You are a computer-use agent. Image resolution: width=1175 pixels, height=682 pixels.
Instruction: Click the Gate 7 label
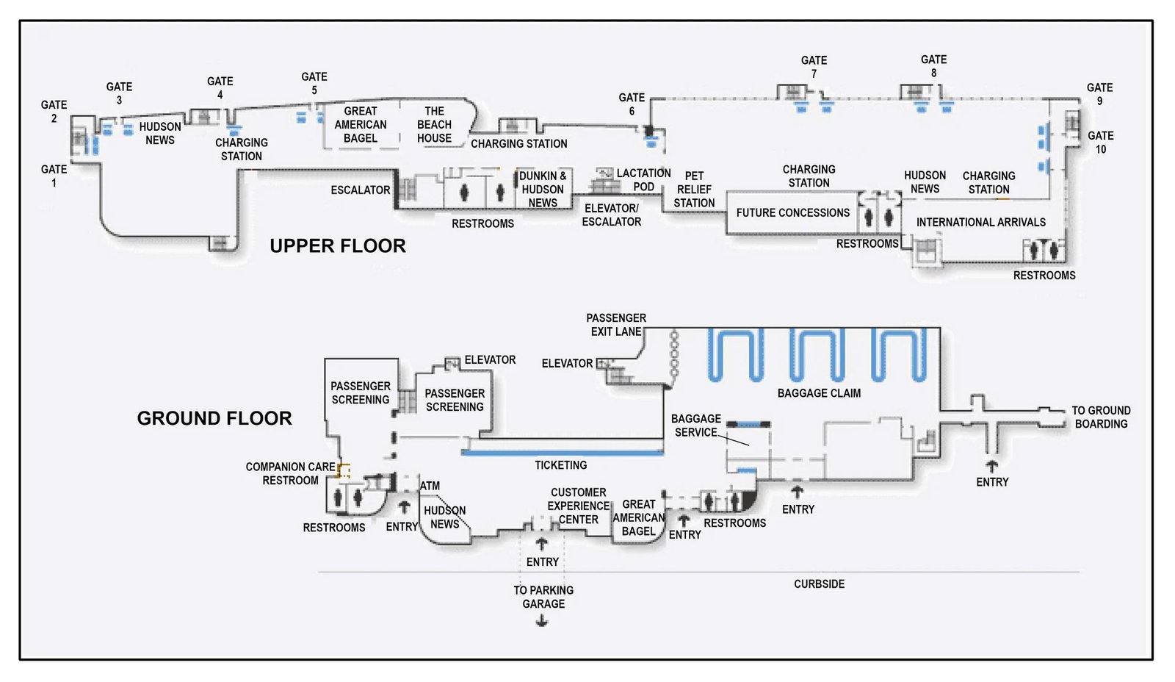(814, 67)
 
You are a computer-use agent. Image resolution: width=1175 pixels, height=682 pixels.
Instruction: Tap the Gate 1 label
(54, 176)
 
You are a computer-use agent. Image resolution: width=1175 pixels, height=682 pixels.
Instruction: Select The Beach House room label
(434, 124)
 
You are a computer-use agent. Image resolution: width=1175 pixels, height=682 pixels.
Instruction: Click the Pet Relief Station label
(694, 190)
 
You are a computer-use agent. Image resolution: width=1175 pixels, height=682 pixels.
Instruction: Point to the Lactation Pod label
(643, 179)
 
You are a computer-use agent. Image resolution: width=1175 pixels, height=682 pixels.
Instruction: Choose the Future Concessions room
(792, 213)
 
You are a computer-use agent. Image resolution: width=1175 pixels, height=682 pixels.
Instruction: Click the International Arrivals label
(980, 222)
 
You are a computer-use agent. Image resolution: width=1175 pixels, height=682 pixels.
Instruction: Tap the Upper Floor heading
(337, 246)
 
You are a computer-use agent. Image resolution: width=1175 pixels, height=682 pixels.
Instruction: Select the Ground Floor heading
(214, 418)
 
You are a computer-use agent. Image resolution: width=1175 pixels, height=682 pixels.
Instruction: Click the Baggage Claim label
(819, 393)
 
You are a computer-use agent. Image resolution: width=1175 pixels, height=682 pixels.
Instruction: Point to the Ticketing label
(560, 465)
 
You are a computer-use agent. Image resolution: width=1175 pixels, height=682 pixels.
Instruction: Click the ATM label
(430, 486)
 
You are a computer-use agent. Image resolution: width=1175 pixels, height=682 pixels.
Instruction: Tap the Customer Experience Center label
(579, 506)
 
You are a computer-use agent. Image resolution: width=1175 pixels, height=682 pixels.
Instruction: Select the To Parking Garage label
(543, 597)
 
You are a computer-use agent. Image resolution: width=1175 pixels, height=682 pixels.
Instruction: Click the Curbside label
(819, 584)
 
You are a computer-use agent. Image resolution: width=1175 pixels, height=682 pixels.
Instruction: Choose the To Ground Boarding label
(1101, 417)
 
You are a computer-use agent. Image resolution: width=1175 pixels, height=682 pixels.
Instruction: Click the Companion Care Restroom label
(290, 473)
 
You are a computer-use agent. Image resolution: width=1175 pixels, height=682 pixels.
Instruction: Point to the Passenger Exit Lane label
(615, 324)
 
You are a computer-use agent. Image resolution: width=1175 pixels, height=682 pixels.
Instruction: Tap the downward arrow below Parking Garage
(542, 622)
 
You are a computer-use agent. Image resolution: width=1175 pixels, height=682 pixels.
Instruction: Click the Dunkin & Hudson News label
(543, 190)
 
